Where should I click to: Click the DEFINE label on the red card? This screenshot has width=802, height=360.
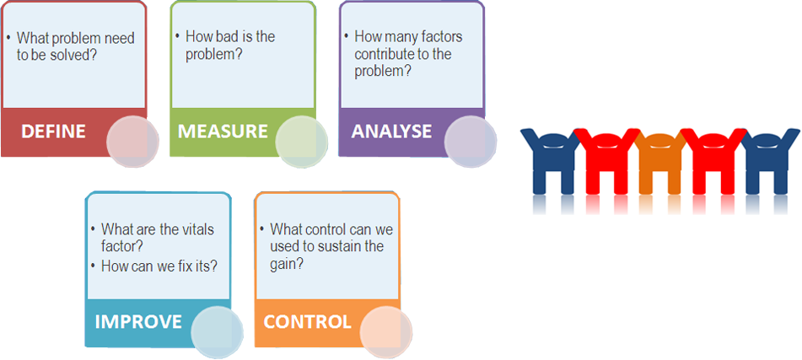[53, 132]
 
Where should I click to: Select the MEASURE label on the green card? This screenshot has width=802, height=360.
[223, 132]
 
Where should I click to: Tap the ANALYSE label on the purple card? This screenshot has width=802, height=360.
[391, 132]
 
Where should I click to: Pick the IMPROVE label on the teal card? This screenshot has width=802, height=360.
[138, 322]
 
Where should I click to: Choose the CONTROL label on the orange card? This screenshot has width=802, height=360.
[307, 322]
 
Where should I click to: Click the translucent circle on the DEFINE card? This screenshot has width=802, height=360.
[132, 142]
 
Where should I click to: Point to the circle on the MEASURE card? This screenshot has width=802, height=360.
[301, 142]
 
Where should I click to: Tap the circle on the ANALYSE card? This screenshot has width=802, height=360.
[470, 142]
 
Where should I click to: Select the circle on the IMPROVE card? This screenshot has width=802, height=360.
[217, 332]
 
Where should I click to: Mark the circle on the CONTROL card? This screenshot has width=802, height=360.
[385, 332]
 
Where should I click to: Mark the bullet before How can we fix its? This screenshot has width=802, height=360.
[93, 266]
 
